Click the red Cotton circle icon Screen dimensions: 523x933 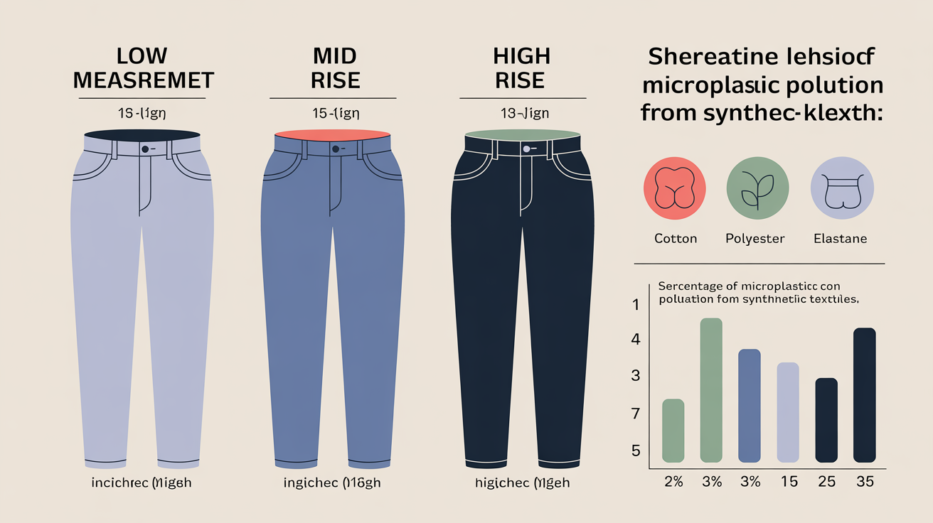pos(676,188)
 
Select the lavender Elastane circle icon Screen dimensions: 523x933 pos(841,188)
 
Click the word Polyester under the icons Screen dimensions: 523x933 pos(755,239)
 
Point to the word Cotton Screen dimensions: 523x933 pos(676,239)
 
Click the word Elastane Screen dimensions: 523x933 pos(840,239)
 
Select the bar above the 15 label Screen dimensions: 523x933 pos(788,412)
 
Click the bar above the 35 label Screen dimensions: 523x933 pos(864,394)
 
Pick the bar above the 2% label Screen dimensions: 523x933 pos(673,431)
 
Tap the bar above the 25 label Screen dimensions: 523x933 pos(826,420)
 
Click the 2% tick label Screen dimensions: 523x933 pos(673,482)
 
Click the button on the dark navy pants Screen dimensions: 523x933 pos(527,149)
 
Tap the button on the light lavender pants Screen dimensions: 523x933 pos(145,149)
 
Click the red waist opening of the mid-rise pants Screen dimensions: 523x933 pos(333,134)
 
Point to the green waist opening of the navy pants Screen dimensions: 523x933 pos(523,134)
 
